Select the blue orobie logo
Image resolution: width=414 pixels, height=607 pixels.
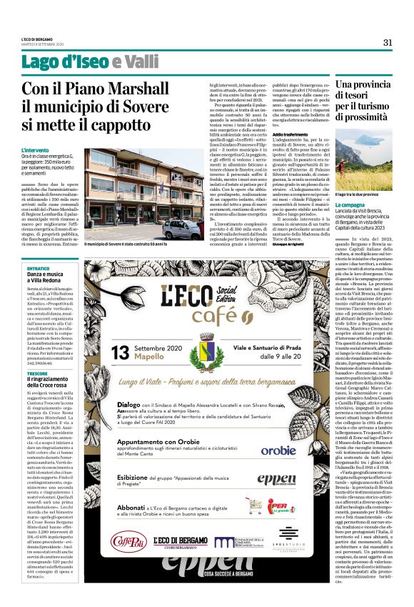278,451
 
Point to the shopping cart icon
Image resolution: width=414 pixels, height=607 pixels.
252,505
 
